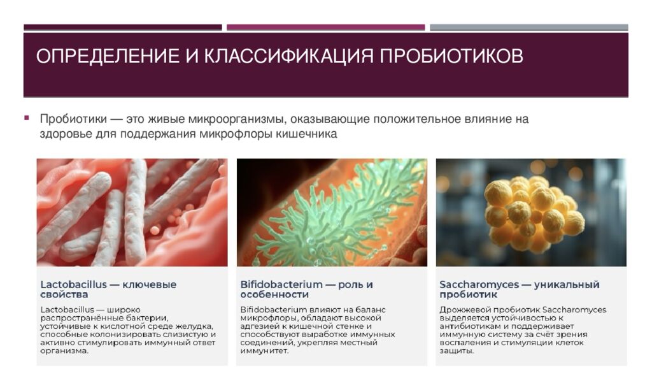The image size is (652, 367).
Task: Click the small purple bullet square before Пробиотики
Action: (27, 118)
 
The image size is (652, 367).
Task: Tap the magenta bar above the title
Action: (325, 27)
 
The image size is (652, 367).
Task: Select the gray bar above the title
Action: (528, 27)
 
